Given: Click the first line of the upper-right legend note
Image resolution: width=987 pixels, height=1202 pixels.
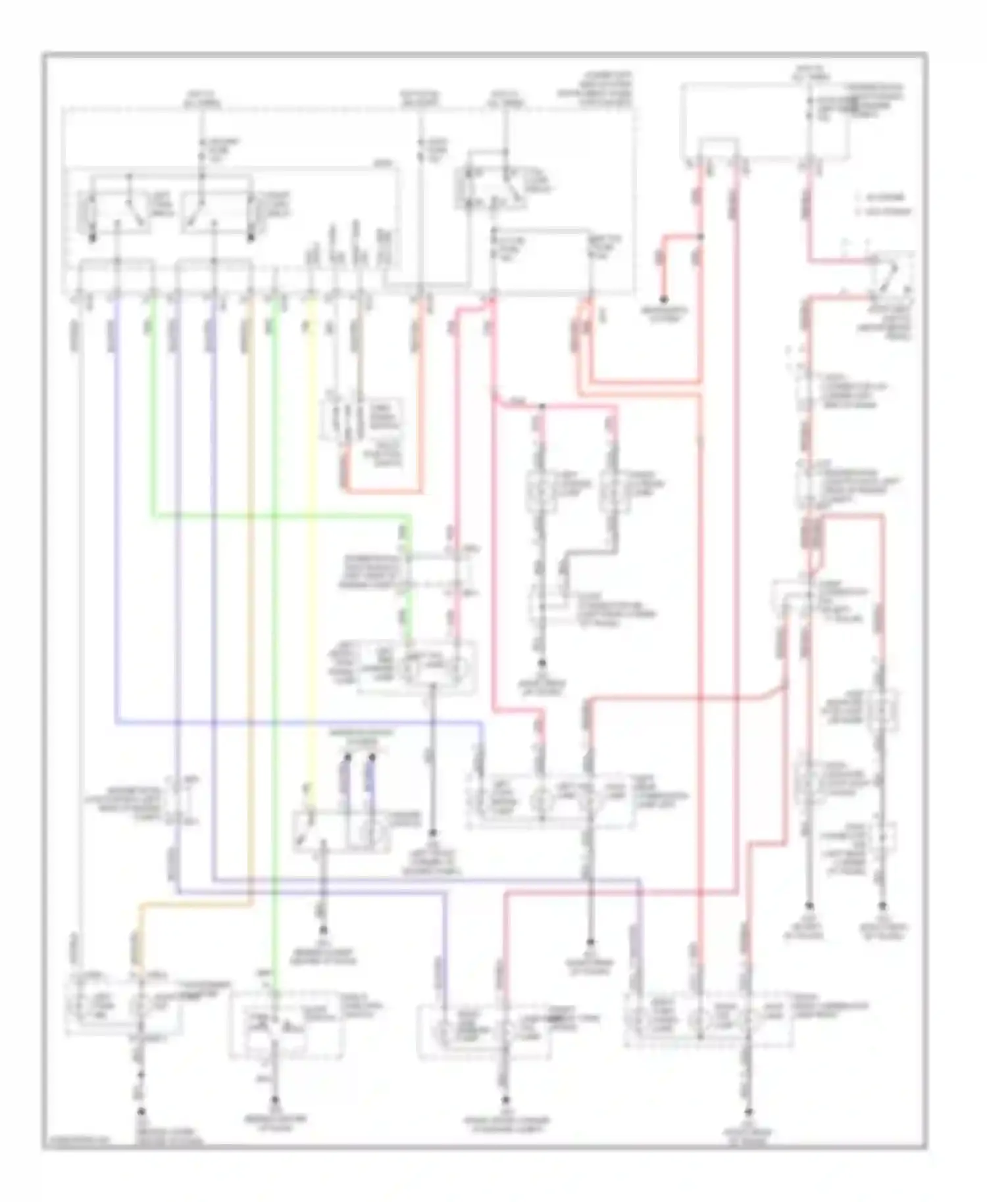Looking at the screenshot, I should click(x=882, y=197).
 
